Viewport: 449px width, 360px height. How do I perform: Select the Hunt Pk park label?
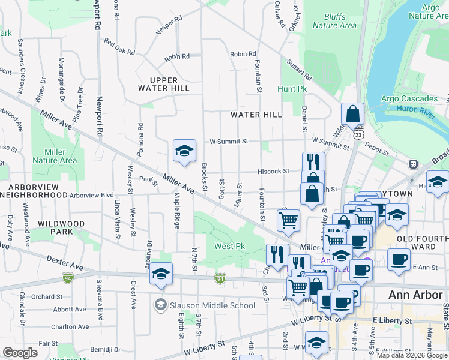pos(292,88)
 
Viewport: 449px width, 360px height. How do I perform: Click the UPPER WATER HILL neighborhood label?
pos(164,85)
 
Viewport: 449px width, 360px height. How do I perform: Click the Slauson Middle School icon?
pos(160,305)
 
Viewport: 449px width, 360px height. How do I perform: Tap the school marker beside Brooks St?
pos(184,151)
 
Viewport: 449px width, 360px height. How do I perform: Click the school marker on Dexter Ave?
pos(161,274)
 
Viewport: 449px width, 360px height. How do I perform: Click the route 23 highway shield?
pos(358,135)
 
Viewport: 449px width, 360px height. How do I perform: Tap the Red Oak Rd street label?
pos(119,47)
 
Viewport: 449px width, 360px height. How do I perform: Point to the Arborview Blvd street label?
pos(91,195)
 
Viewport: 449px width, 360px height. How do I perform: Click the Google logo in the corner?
pos(20,353)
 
